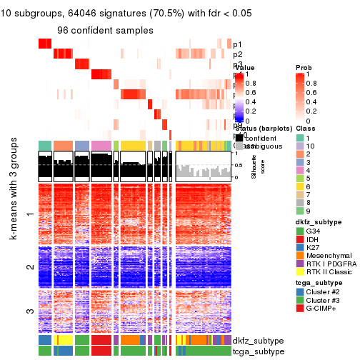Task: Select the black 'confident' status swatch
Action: (x=238, y=137)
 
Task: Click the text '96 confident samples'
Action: (x=105, y=31)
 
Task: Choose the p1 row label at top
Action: (x=237, y=44)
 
